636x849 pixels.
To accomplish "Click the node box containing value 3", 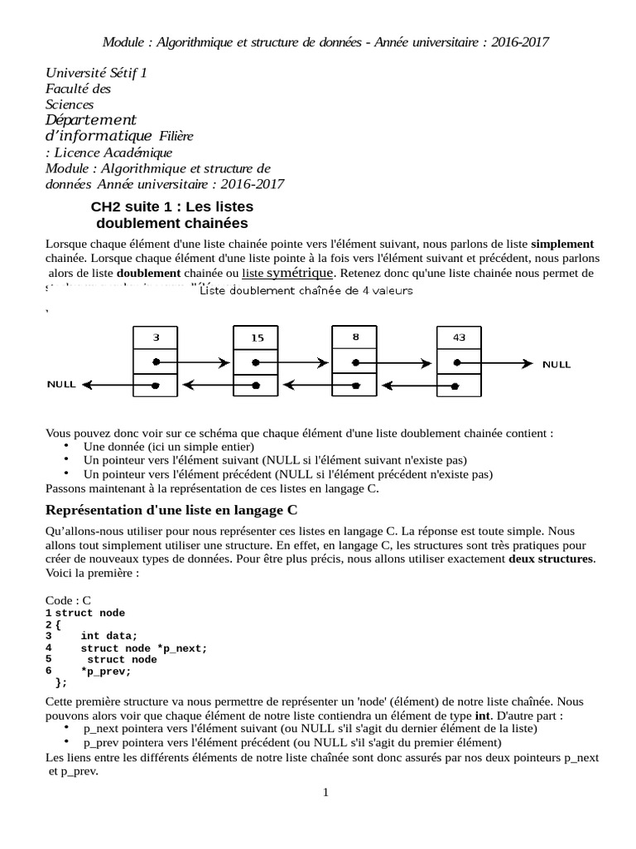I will click(156, 338).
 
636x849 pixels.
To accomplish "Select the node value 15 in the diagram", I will click(257, 338).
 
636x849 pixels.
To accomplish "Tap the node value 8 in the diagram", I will click(355, 337).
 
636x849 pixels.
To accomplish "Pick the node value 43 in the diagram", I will click(460, 337).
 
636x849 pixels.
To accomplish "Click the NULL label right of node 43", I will click(556, 364).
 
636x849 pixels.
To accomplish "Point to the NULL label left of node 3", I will click(61, 385).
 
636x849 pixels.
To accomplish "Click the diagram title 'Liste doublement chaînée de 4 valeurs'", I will click(307, 291).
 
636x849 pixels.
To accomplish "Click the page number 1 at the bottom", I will click(325, 793).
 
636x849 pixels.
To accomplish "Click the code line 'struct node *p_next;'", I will click(143, 648).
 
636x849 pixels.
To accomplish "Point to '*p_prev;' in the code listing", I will click(106, 671).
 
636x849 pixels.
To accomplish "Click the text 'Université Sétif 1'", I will click(95, 73).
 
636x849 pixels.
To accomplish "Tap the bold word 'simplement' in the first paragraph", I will click(562, 244).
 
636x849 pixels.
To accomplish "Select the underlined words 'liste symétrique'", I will click(288, 273).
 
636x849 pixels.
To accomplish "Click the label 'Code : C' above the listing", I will click(68, 600).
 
